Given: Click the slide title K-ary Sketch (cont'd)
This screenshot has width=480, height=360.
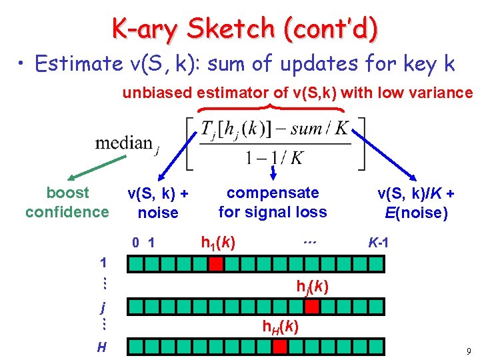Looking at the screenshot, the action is coord(245,28).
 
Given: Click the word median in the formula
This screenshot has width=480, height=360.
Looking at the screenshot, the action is coord(123,143).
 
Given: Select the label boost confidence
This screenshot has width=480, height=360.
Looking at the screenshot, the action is coord(67,202).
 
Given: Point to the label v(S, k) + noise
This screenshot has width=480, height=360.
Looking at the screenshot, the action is coord(158,203).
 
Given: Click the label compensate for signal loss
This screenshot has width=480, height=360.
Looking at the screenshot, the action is coord(273,202).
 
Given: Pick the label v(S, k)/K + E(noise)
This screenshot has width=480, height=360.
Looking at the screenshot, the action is coord(416,203).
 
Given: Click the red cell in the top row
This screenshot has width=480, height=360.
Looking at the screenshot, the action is coord(215,265).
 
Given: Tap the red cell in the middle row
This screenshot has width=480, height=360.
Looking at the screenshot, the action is coord(311,307).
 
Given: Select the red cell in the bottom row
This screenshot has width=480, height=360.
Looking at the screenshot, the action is coord(280,346).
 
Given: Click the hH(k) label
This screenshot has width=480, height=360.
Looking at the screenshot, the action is coord(279,327).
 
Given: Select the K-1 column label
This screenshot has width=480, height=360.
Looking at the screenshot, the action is coord(379,243).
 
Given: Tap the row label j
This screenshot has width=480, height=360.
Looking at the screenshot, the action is coord(102,307).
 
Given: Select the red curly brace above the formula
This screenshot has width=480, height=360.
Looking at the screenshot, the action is coord(270,107).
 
